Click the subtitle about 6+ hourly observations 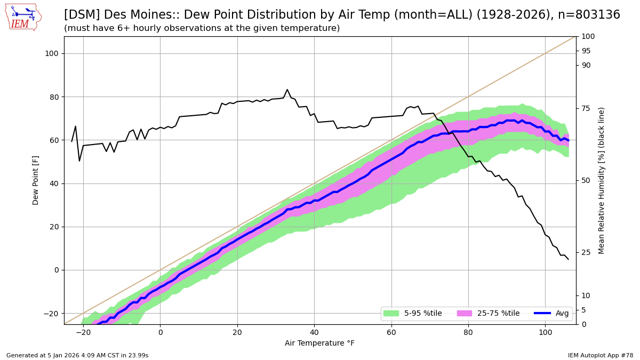[202, 28]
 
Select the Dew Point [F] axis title [36, 180]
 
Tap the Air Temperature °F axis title [319, 343]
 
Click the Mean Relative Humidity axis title [602, 180]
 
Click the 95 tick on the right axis [586, 51]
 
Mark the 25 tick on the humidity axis [586, 252]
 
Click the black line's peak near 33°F [287, 90]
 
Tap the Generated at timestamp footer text [77, 355]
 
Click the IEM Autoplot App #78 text [601, 355]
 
